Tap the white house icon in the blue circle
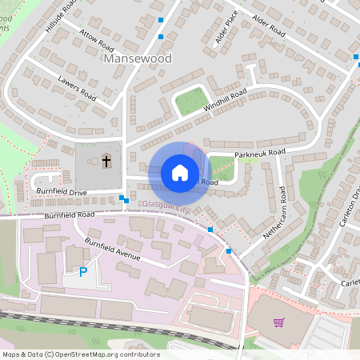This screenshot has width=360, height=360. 179,173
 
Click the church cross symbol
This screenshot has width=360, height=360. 106,161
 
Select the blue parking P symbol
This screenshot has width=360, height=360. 82,273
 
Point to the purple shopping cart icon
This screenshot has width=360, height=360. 278,322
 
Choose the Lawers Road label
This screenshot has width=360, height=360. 78,88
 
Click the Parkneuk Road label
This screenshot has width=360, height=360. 260,152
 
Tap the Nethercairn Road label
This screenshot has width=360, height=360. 274,214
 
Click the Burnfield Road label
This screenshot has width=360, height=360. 70,215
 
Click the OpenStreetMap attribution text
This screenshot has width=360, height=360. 81,354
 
